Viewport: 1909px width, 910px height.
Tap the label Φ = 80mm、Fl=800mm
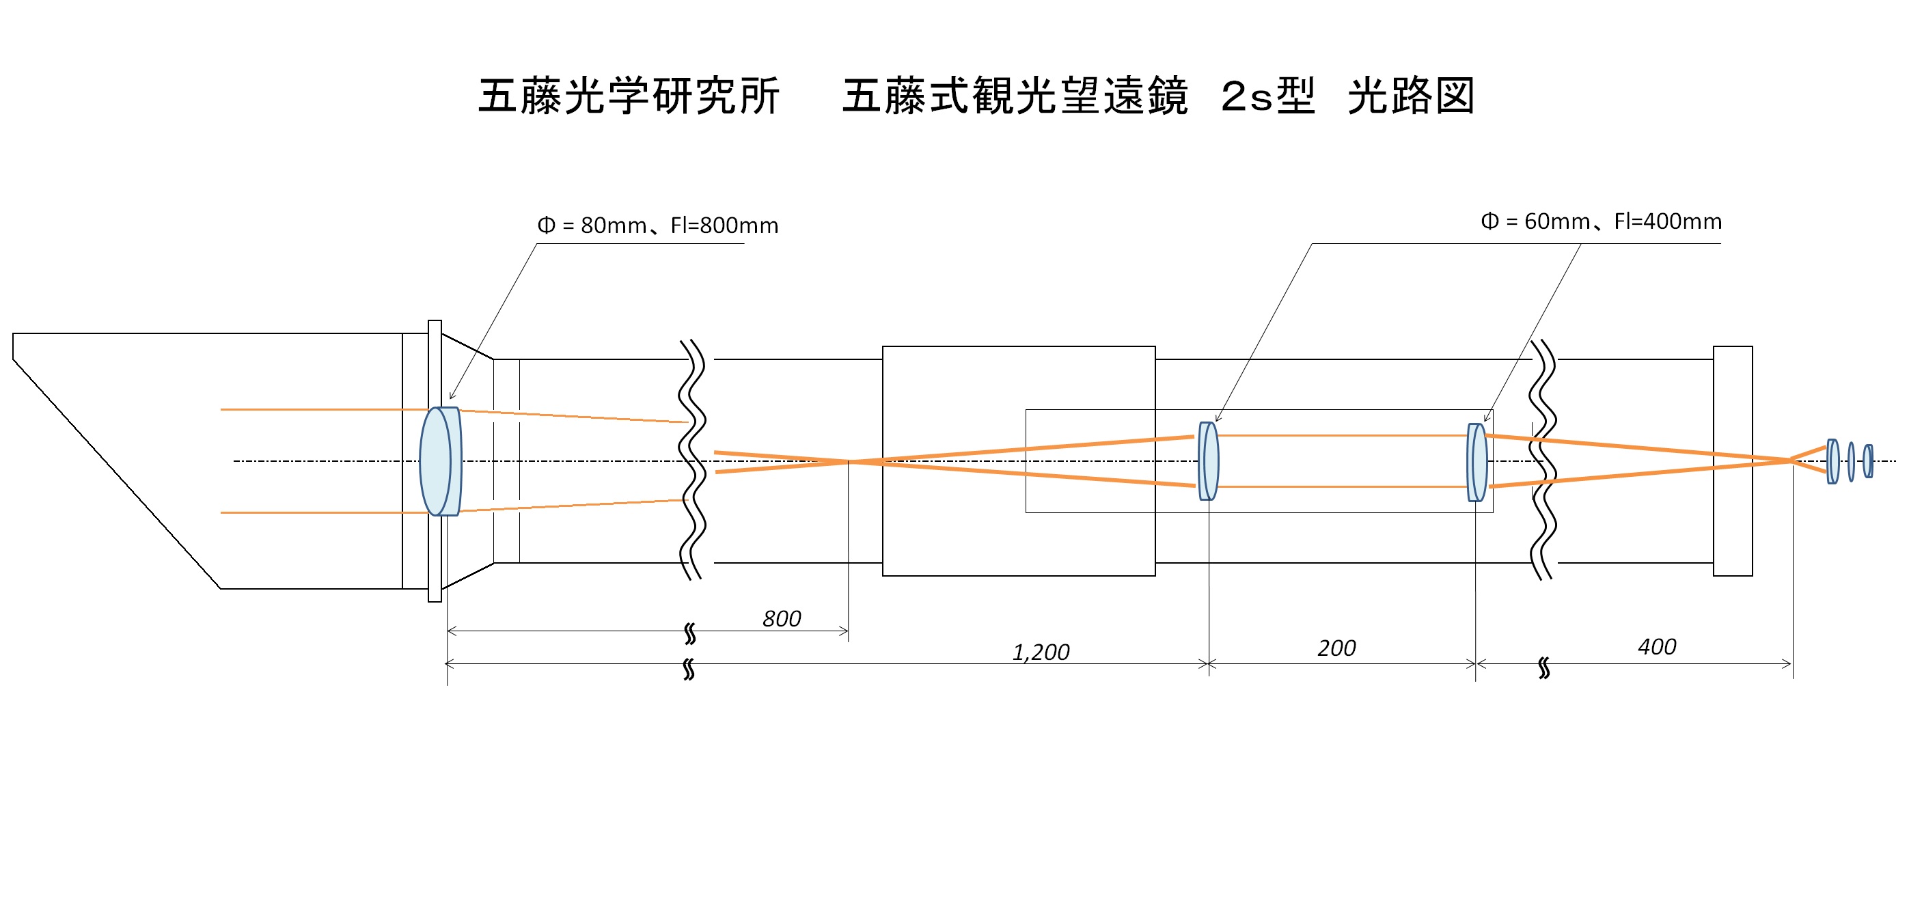657,225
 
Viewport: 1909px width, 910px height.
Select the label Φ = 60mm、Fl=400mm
1601,221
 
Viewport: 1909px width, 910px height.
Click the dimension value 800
781,619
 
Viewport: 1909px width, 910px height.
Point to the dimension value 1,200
1041,652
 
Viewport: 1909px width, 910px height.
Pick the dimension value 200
1336,648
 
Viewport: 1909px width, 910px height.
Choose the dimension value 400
1656,647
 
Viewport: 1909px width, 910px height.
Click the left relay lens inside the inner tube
1209,461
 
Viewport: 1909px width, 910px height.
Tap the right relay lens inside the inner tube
1477,463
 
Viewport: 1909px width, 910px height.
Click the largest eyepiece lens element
1832,462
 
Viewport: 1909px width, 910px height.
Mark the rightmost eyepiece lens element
1868,461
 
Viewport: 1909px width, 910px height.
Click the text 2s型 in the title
1267,96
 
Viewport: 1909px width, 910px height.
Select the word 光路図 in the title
1411,96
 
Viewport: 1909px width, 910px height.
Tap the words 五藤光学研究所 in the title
629,96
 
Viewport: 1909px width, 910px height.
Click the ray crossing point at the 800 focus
849,462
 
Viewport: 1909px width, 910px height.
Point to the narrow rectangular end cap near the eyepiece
1733,461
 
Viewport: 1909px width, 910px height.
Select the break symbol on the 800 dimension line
690,633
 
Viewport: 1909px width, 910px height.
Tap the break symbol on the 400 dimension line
1543,667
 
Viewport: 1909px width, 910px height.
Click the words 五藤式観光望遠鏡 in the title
1015,96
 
